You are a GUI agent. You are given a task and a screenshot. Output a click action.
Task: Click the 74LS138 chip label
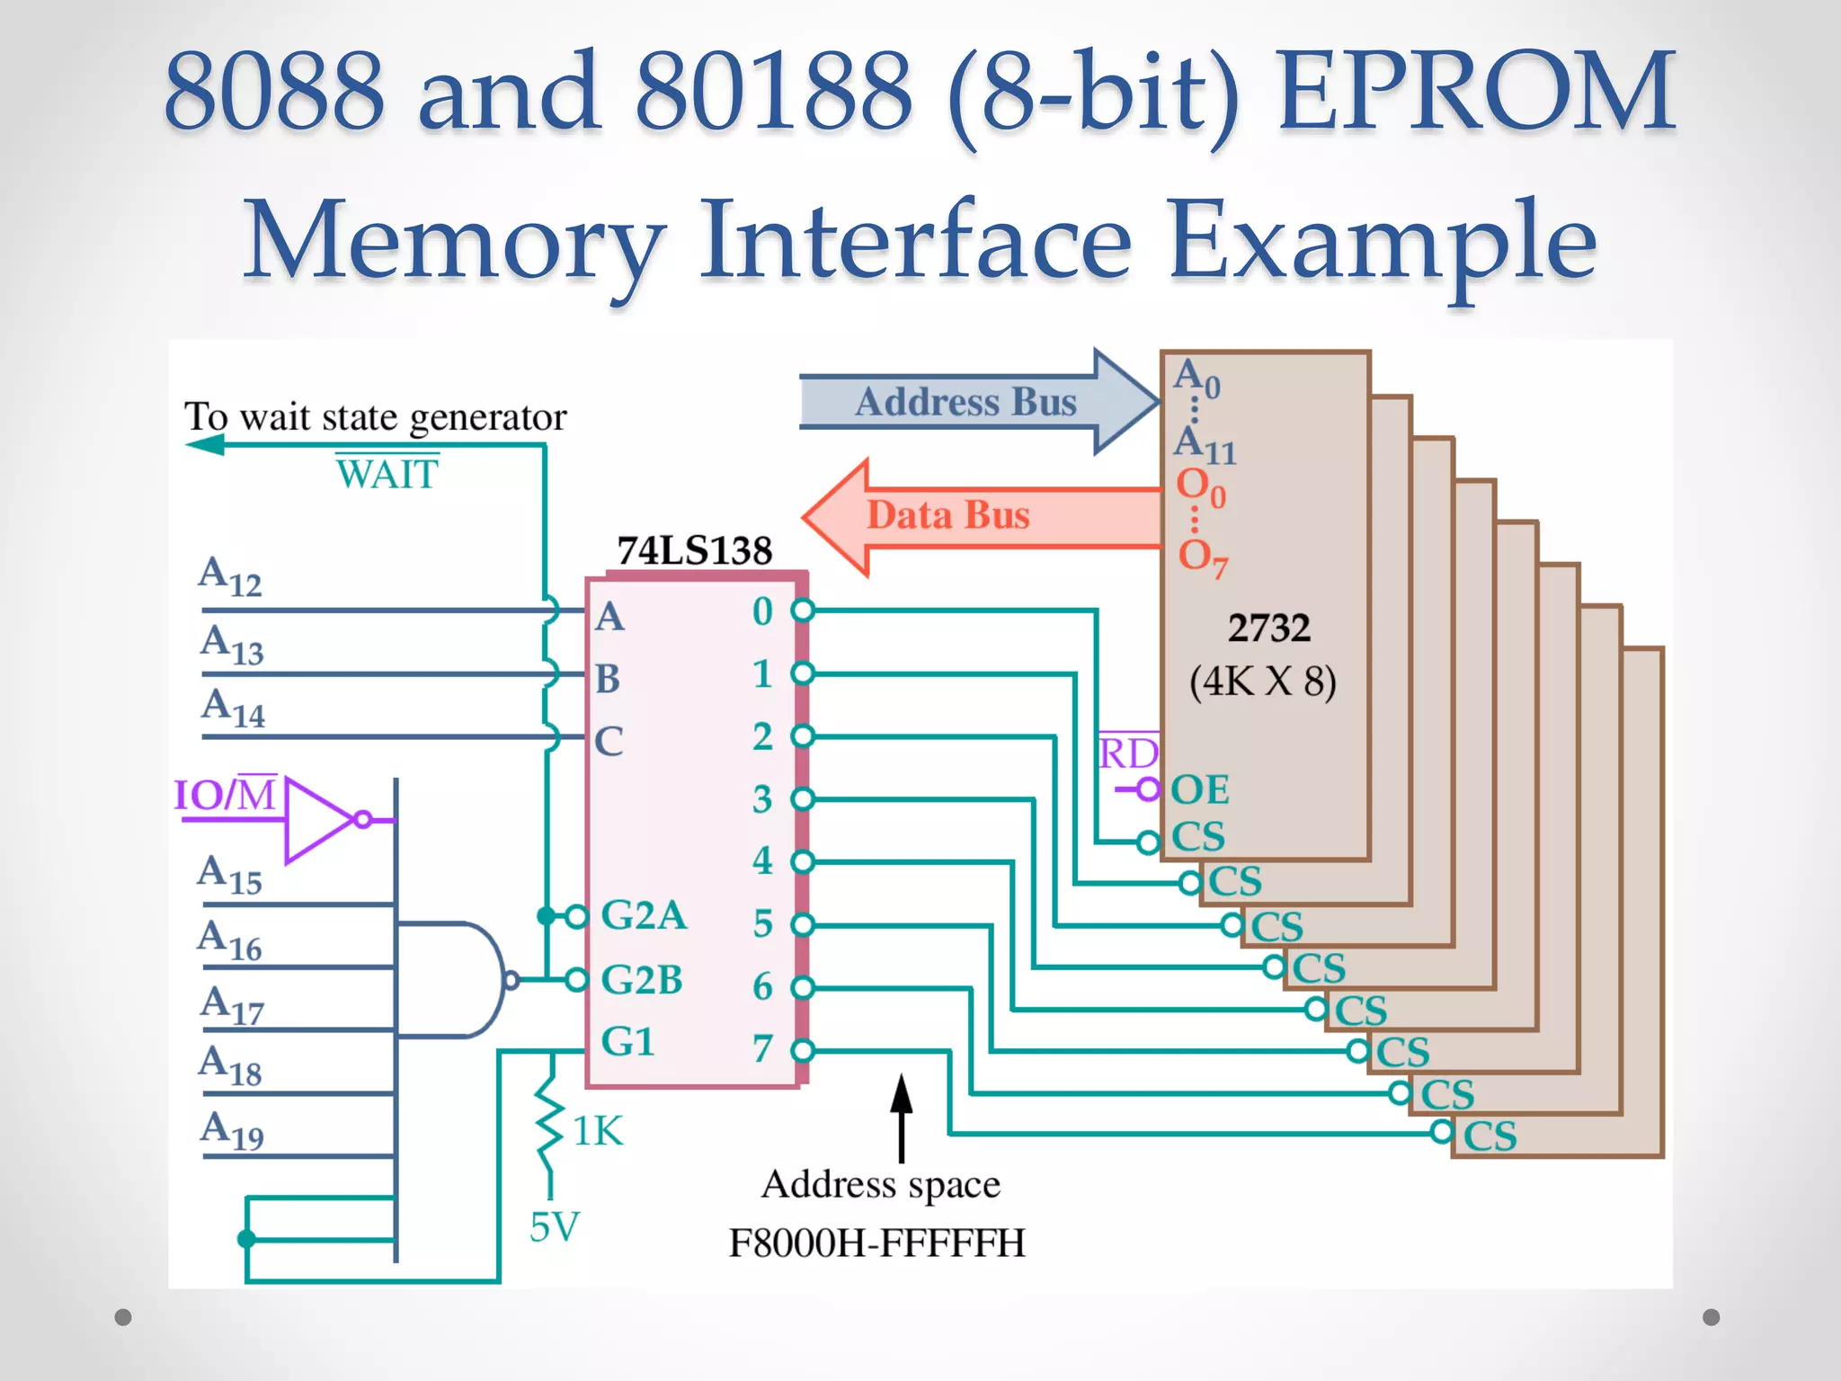coord(694,550)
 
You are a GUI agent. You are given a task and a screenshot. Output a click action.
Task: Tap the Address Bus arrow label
coord(965,402)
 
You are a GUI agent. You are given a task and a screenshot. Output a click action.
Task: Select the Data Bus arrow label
coord(947,515)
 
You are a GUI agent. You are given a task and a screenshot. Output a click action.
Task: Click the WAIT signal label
coord(387,474)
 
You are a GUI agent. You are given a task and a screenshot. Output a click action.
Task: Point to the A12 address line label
coord(230,576)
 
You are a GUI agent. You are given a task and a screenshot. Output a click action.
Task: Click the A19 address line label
coord(232,1130)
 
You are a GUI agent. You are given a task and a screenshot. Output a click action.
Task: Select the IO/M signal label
coord(225,795)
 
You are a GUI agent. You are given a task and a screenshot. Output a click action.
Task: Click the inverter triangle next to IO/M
coord(316,820)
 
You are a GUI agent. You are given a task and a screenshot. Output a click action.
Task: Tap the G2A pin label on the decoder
coord(643,915)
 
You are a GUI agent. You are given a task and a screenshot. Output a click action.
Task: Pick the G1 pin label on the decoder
coord(627,1041)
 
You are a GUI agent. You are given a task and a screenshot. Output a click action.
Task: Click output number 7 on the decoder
coord(762,1048)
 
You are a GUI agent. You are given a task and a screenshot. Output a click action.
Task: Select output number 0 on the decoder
coord(762,611)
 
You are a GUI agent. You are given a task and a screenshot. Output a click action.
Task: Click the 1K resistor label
coord(598,1131)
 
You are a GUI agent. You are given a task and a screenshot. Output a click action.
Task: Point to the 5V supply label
coord(555,1227)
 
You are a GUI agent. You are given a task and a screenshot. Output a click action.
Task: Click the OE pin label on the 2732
coord(1199,790)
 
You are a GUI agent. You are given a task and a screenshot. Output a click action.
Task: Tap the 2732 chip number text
coord(1268,628)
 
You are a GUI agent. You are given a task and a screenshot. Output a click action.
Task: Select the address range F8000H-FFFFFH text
coord(876,1243)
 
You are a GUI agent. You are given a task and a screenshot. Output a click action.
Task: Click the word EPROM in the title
coord(1475,92)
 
